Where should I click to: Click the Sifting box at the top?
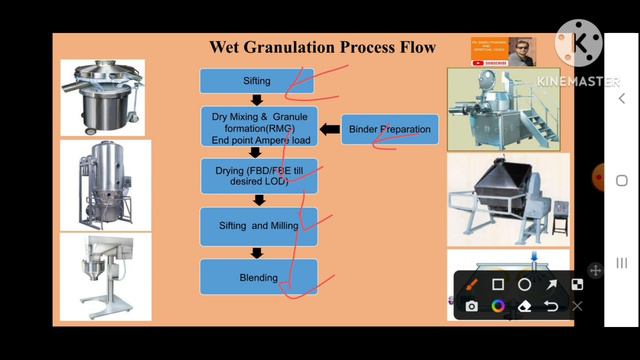point(257,81)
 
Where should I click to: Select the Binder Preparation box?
point(391,129)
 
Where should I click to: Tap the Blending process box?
point(258,277)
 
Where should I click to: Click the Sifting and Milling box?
point(258,226)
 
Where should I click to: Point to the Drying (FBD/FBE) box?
point(258,176)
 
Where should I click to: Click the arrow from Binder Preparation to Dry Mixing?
point(330,129)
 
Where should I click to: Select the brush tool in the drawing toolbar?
point(472,285)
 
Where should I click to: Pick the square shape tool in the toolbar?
point(498,285)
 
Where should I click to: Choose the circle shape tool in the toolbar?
point(524,285)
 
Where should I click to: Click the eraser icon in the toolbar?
point(524,306)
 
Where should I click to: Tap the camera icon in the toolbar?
point(472,306)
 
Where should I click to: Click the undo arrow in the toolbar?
point(550,306)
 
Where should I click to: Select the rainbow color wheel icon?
point(498,306)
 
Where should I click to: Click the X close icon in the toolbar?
point(577,306)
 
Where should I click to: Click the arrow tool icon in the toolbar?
point(550,285)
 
